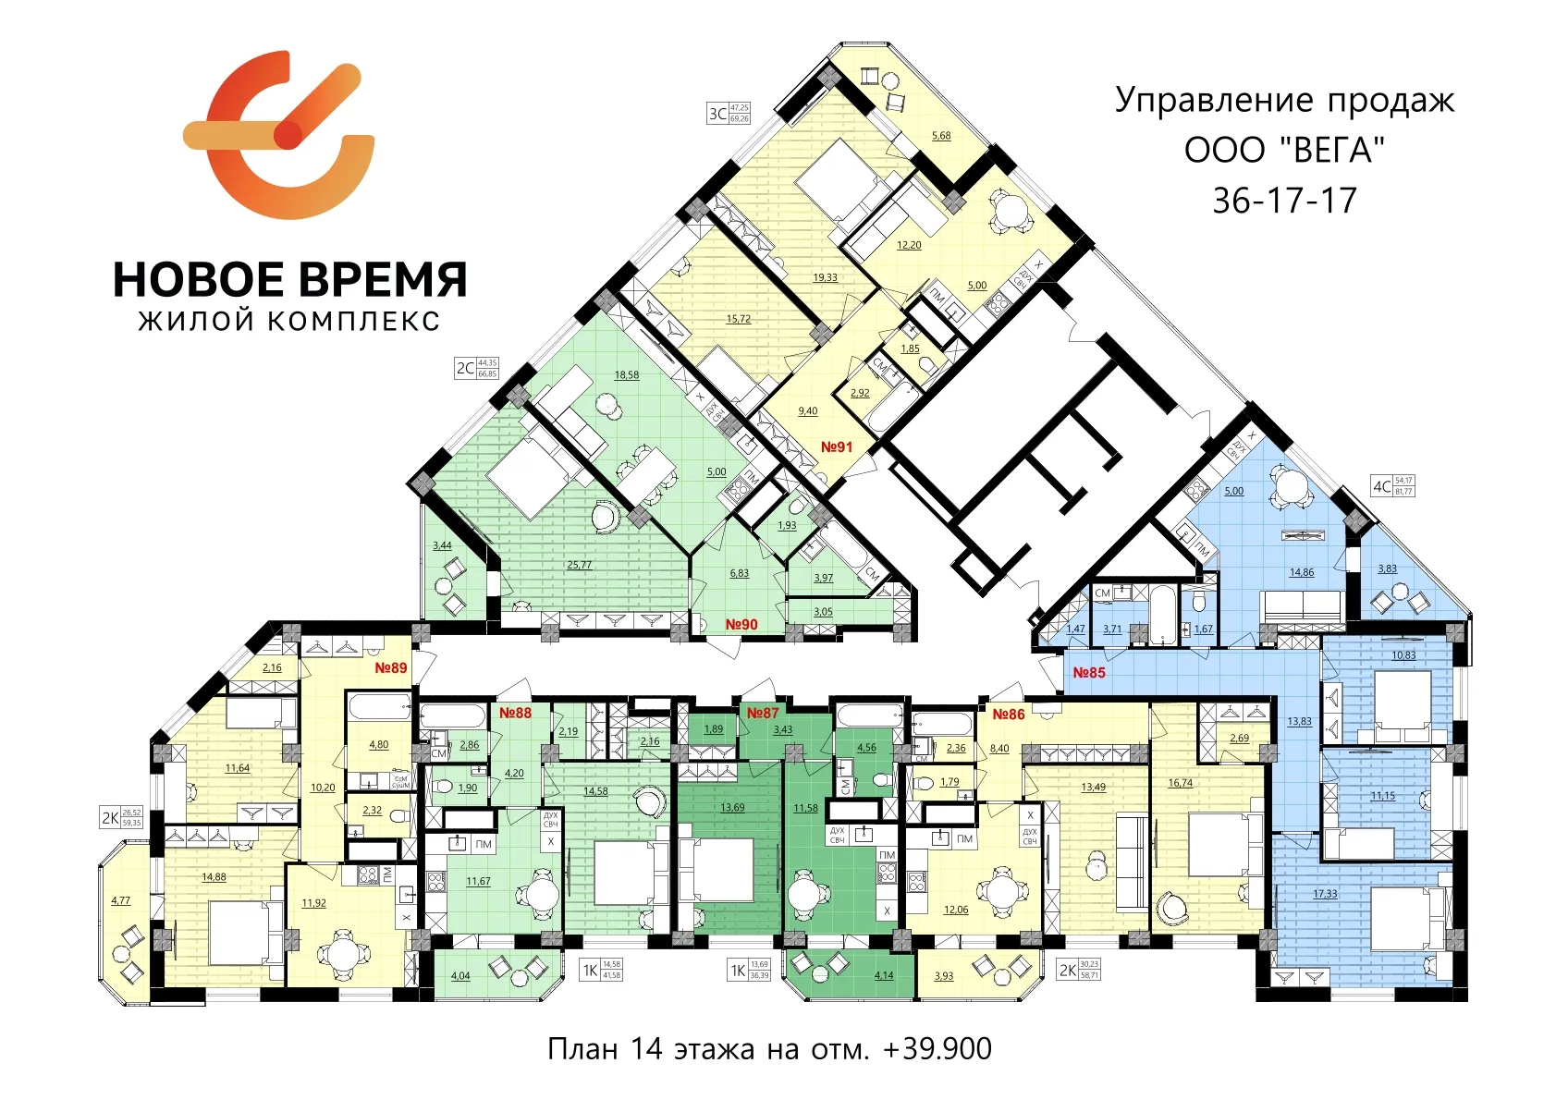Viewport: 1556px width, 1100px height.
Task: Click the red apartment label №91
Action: [837, 447]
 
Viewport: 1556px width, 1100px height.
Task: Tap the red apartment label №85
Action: [1089, 673]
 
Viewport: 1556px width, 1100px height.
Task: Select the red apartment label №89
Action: [391, 667]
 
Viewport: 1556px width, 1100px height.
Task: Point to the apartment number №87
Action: [763, 713]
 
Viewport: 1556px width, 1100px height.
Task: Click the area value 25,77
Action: [580, 565]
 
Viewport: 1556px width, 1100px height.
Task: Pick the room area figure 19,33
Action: [826, 277]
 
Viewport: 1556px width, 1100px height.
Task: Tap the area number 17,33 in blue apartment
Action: [1325, 894]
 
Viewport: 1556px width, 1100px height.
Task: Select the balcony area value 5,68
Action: [941, 136]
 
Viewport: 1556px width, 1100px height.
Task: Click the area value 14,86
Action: [1302, 572]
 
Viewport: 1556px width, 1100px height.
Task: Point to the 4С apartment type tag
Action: [1382, 486]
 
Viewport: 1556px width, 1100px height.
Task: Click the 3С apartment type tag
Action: [717, 114]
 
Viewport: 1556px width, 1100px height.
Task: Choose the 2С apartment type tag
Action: [466, 368]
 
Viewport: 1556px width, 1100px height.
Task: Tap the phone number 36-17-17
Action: [1284, 201]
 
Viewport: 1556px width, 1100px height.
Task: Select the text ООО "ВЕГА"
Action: [1284, 150]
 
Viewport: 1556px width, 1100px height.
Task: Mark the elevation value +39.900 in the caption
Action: [937, 1049]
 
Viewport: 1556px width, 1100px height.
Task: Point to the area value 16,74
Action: [1181, 783]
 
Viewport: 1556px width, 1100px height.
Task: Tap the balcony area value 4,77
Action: [121, 900]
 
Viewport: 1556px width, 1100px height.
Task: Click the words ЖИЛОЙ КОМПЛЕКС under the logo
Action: [289, 322]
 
